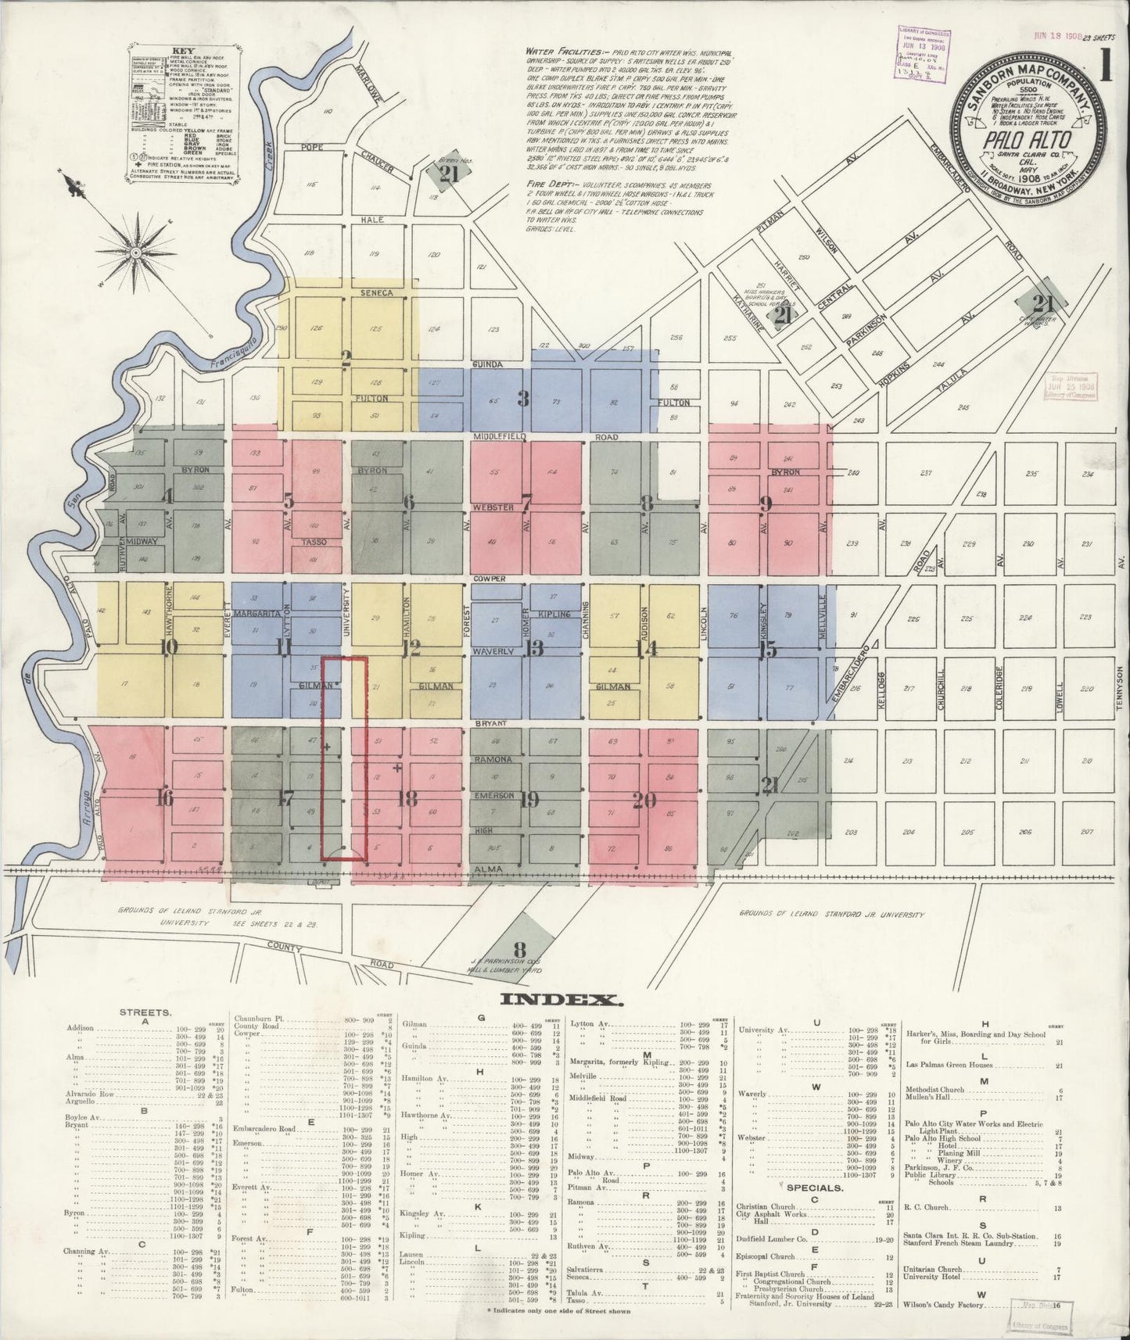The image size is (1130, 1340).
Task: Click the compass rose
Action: click(x=135, y=253)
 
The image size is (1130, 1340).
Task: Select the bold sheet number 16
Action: click(x=164, y=798)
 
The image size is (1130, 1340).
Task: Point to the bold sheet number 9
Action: click(x=766, y=503)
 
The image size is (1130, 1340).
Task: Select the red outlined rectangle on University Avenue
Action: click(x=345, y=759)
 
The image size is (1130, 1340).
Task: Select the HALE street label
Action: click(x=372, y=220)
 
